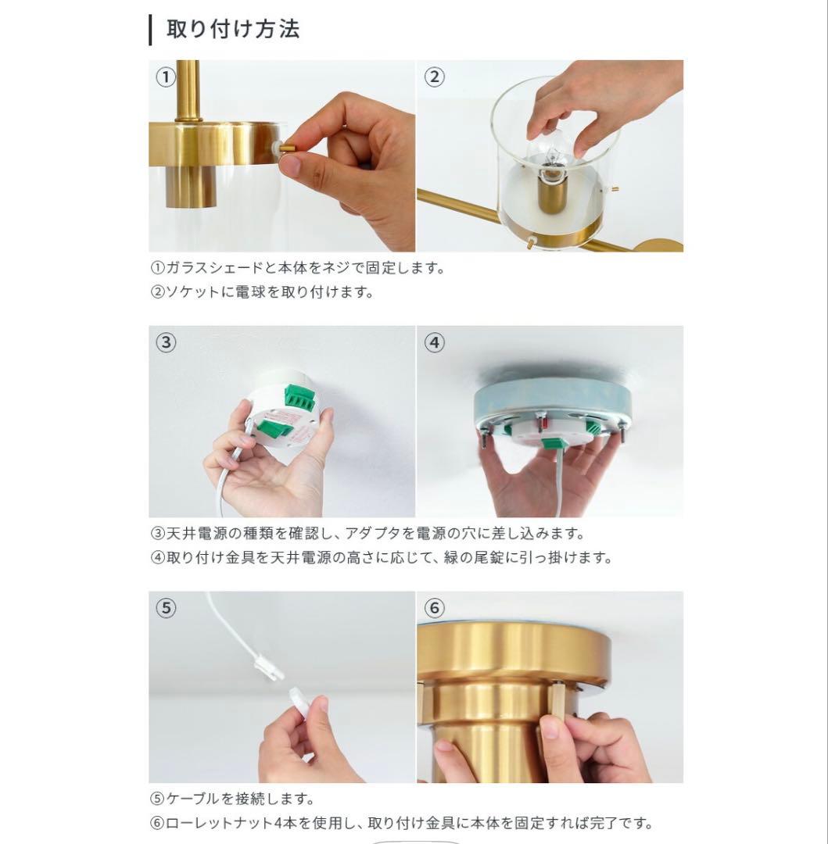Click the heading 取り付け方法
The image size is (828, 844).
232,29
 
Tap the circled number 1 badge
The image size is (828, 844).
166,77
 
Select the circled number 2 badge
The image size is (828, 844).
435,77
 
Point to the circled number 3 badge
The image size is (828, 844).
166,342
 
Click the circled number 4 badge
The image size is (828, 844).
435,342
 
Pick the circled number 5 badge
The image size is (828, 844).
166,608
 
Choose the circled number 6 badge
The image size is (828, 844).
435,608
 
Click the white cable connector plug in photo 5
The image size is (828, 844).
269,667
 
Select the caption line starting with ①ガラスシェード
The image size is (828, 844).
298,267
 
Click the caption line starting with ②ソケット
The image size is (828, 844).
262,291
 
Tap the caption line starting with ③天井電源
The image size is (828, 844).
367,534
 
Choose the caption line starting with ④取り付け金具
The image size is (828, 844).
382,557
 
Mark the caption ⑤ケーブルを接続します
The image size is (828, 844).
232,798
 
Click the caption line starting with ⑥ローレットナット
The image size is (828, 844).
402,823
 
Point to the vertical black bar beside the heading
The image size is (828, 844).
150,30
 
